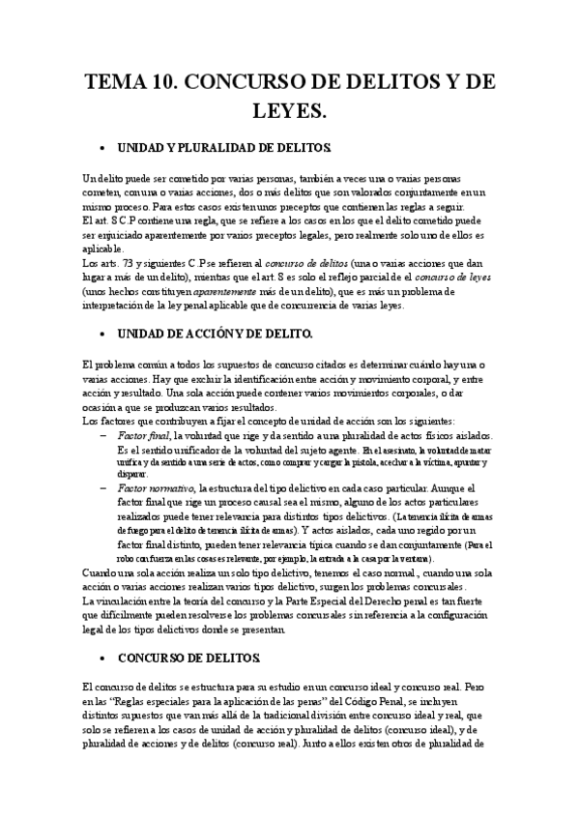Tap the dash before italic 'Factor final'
pyautogui.click(x=103, y=436)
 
